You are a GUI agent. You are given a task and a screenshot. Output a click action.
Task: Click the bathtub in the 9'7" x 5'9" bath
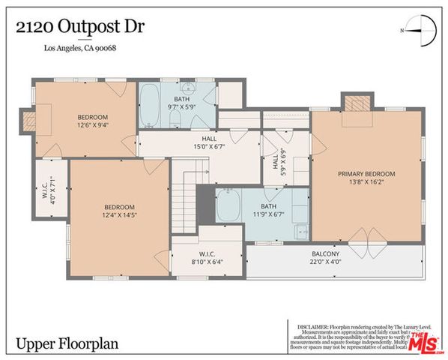click(148, 106)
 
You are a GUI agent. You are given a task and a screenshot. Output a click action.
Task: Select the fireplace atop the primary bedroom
click(357, 102)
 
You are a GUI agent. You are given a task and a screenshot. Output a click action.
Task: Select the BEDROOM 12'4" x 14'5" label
click(118, 211)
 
